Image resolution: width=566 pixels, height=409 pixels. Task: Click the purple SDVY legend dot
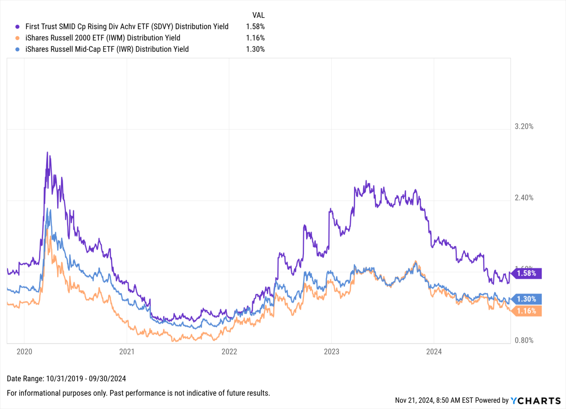pos(17,27)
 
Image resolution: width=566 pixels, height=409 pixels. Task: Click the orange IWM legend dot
pos(17,38)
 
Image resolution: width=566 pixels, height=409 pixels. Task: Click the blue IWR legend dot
pos(17,49)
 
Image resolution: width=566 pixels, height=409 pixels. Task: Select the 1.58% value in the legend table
pos(255,27)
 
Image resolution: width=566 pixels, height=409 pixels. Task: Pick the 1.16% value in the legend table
pos(255,38)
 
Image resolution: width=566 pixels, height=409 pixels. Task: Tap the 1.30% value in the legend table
pos(255,49)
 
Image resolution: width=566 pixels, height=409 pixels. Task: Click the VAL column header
pos(258,15)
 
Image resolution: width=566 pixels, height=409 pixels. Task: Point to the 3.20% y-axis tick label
pos(524,126)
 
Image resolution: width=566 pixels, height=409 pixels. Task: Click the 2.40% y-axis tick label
pos(524,198)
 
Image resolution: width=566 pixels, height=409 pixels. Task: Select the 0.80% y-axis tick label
pos(524,340)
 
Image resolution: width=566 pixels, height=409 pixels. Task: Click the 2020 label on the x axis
pos(24,352)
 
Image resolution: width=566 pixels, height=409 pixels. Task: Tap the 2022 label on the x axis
pos(229,352)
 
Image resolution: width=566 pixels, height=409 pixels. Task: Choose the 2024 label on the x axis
pos(434,352)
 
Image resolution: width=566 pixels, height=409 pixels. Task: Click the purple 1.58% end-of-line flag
pos(526,273)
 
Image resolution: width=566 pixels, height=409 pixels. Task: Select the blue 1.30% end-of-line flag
pos(526,299)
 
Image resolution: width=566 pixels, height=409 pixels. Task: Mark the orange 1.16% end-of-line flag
pos(526,311)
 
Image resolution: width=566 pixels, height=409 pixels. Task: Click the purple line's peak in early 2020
pos(47,152)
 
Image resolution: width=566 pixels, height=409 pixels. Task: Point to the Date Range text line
pos(66,379)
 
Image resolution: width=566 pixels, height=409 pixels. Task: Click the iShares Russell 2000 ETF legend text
pos(103,38)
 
